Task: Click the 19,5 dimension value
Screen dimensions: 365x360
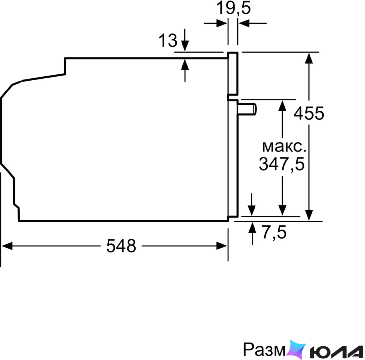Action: pyautogui.click(x=234, y=8)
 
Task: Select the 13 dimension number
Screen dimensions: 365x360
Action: pyautogui.click(x=168, y=41)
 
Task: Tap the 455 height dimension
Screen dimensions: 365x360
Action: pyautogui.click(x=309, y=113)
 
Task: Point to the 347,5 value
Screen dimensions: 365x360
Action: pyautogui.click(x=282, y=164)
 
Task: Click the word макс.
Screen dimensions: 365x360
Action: pyautogui.click(x=284, y=147)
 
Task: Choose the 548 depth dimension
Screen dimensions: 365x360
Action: pyautogui.click(x=121, y=246)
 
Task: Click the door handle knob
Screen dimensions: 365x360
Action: pyautogui.click(x=247, y=109)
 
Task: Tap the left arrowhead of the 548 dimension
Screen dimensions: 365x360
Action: pyautogui.click(x=7, y=246)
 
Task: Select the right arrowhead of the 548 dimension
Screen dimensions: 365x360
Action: pyautogui.click(x=222, y=246)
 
